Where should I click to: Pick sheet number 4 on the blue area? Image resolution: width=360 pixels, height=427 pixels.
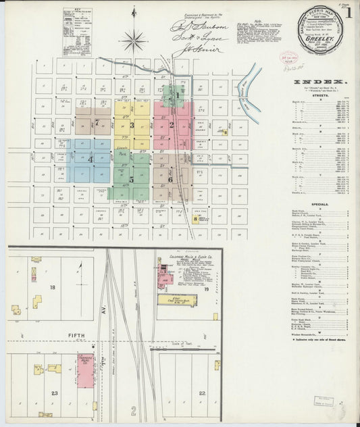click(x=91, y=159)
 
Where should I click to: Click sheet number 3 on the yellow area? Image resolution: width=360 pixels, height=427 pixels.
click(x=132, y=125)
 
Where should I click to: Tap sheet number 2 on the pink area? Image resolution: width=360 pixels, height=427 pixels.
click(x=172, y=124)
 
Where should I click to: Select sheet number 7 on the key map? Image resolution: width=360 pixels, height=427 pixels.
click(x=97, y=123)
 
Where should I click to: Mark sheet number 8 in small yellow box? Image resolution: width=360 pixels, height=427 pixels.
click(x=196, y=219)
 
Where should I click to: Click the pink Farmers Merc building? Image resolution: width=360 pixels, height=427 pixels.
click(x=86, y=370)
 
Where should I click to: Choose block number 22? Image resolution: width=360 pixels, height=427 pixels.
click(x=201, y=393)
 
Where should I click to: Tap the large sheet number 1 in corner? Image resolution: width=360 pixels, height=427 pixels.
click(x=347, y=12)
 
